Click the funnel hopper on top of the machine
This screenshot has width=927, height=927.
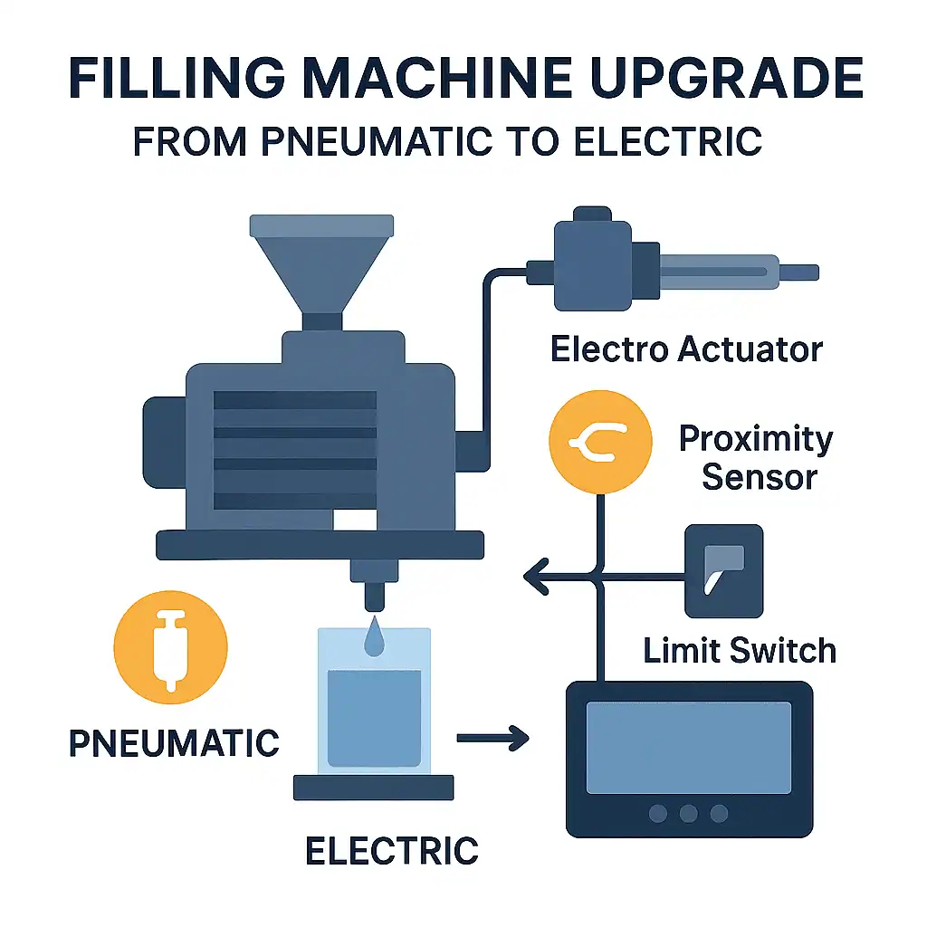[321, 263]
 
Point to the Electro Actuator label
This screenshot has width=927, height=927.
[686, 349]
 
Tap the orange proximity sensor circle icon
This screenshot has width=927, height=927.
[600, 442]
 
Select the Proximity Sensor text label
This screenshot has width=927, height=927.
[755, 458]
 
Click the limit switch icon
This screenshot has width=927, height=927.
[723, 570]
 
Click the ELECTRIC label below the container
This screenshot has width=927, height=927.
[391, 850]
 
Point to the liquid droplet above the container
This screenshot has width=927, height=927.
[373, 637]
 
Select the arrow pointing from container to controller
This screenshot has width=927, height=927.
[492, 739]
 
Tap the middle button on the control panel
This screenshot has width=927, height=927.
[690, 813]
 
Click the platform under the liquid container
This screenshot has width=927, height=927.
[373, 787]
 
